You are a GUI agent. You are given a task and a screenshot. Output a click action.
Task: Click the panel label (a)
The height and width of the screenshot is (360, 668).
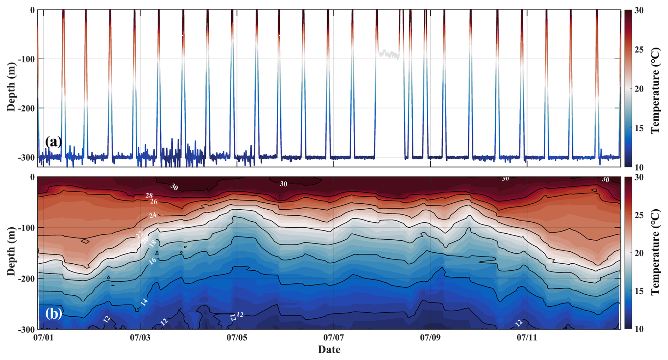(x=54, y=142)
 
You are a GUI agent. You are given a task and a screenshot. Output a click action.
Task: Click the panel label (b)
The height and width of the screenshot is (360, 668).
(x=54, y=313)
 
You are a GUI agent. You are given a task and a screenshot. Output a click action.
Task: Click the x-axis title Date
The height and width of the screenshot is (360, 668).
(x=329, y=350)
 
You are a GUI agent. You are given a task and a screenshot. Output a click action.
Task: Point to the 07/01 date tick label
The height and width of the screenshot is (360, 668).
(x=43, y=338)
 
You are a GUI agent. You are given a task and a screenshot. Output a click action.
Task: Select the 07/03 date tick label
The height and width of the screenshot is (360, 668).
(x=140, y=338)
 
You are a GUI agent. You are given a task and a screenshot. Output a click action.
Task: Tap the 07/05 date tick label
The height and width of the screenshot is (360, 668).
(x=237, y=338)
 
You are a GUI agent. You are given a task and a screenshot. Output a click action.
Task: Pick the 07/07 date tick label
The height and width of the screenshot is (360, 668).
(x=334, y=338)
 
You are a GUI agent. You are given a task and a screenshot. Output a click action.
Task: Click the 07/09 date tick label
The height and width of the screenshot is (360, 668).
(x=430, y=338)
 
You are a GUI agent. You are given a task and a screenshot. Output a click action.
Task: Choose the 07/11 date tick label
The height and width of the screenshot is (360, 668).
(x=527, y=338)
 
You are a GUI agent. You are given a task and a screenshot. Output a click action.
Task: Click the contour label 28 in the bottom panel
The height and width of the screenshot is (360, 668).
(x=149, y=196)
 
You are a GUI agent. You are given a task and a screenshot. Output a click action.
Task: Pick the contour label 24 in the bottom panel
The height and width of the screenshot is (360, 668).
(x=153, y=215)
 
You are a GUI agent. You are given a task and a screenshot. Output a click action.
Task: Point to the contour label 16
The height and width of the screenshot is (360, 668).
(x=152, y=261)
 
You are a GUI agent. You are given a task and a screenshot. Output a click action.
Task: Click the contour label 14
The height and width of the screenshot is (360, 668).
(x=144, y=302)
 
